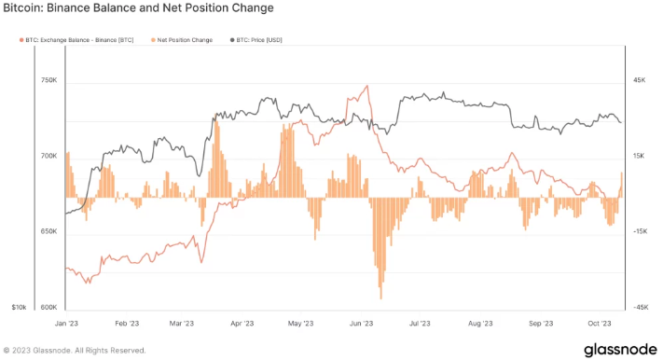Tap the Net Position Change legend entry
(183, 40)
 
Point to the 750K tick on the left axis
(48, 81)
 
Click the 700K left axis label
(48, 157)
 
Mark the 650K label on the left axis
(48, 232)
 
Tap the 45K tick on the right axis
(639, 81)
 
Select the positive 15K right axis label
(639, 157)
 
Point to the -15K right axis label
(640, 232)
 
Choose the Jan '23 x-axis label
(66, 324)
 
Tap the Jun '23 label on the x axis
(361, 324)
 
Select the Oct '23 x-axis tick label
(599, 324)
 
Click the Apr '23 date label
(242, 324)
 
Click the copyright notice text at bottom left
(75, 351)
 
